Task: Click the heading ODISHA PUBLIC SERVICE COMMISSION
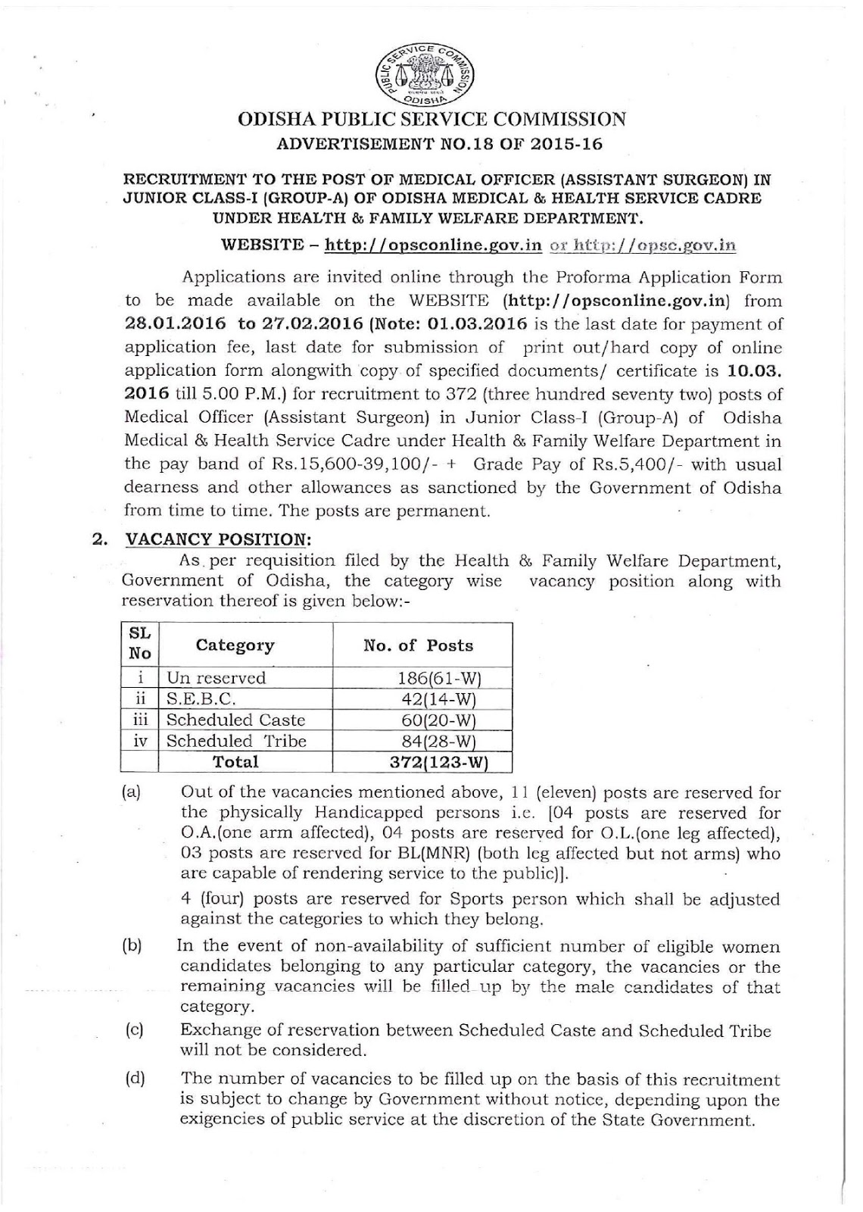click(432, 120)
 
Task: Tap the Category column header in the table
click(235, 645)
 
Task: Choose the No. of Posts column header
click(419, 645)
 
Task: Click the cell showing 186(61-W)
click(440, 678)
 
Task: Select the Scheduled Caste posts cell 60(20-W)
click(440, 720)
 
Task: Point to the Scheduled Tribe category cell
click(236, 741)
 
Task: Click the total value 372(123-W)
click(438, 761)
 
